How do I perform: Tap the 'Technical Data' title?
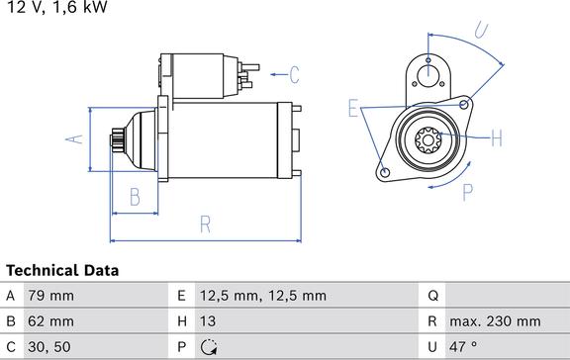62,270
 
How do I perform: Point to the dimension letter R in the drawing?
204,225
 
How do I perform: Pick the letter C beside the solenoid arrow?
294,72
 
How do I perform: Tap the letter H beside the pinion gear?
496,136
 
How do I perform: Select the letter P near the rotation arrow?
468,192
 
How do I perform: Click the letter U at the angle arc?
481,32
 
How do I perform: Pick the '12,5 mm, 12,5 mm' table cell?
263,295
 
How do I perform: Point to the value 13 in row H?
209,321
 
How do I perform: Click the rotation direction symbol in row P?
209,347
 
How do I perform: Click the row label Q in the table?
432,295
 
